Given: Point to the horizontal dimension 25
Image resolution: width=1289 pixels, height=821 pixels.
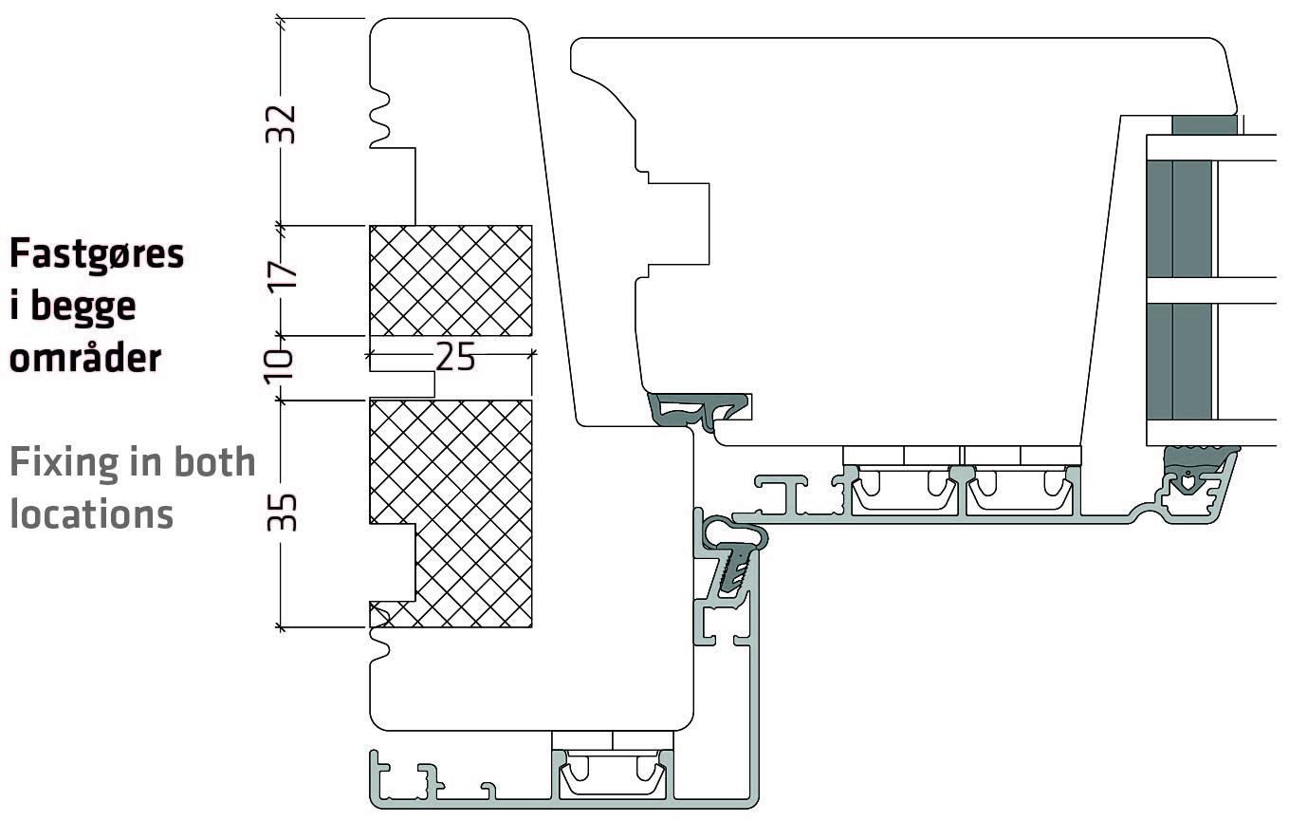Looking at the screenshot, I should (454, 356).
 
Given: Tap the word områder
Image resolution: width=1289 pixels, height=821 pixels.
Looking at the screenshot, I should (85, 359).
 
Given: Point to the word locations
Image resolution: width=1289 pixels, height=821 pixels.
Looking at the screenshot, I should (91, 513).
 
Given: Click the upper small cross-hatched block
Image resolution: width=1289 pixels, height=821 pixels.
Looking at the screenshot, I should (450, 280).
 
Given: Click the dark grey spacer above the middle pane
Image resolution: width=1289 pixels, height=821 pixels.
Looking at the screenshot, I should (1205, 124).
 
